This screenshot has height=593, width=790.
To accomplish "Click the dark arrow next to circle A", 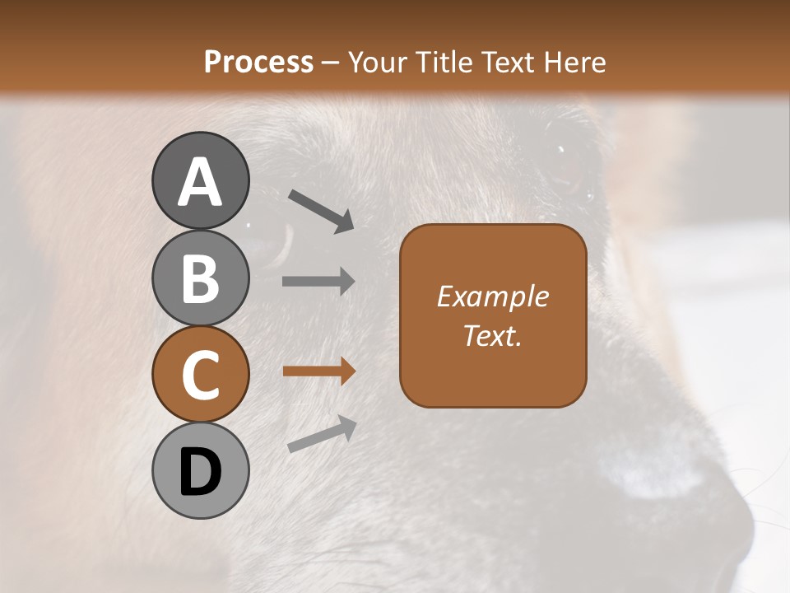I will pos(322,210).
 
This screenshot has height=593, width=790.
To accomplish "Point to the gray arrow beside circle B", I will pos(318,282).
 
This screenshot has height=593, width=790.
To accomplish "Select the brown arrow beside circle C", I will pos(318,371).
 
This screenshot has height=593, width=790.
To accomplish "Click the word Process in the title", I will pos(258,62).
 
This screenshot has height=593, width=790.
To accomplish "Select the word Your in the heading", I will pos(379,62).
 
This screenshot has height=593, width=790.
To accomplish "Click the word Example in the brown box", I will pos(492,296).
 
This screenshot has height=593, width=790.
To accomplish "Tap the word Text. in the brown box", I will pos(492,335).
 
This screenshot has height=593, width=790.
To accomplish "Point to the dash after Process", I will pos(331,63).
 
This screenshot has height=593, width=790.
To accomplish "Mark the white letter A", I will pos(201,182).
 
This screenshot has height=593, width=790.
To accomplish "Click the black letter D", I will pos(201,473).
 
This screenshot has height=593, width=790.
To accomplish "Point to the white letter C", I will pos(201,376).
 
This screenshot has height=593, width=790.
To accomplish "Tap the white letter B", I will pos(201,278).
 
